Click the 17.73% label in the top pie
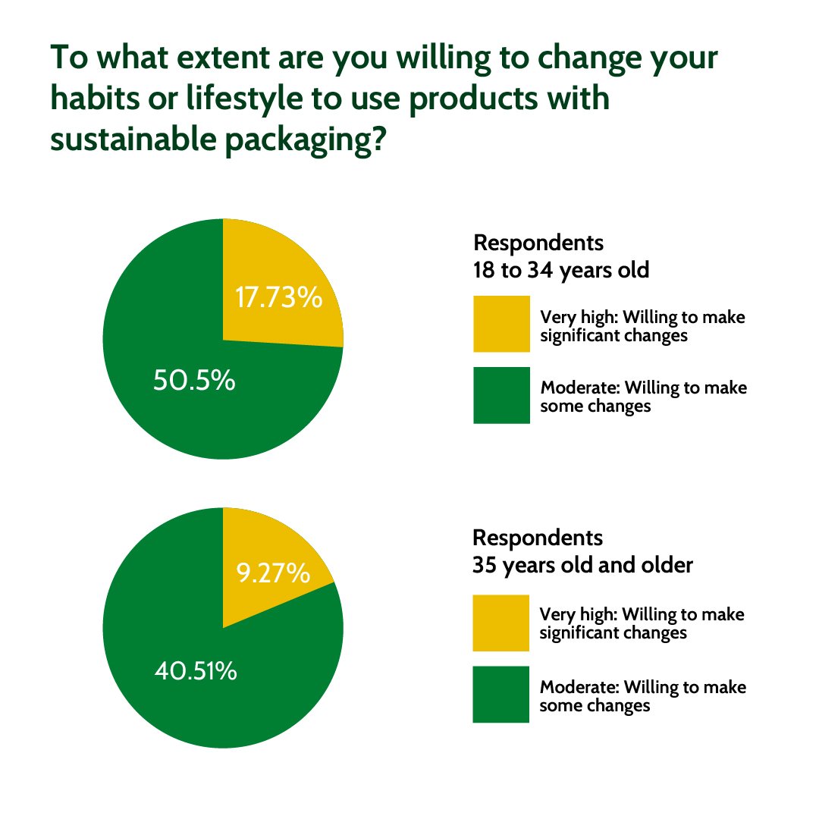tap(278, 298)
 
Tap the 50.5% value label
tap(194, 381)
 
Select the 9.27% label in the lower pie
tap(273, 573)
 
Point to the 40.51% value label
tap(196, 671)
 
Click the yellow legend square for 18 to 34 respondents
tap(501, 325)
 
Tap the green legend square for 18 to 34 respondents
tap(501, 396)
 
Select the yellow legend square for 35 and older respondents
tap(500, 623)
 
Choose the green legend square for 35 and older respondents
tap(500, 695)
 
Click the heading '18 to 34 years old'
tap(561, 271)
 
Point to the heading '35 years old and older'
tap(582, 566)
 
